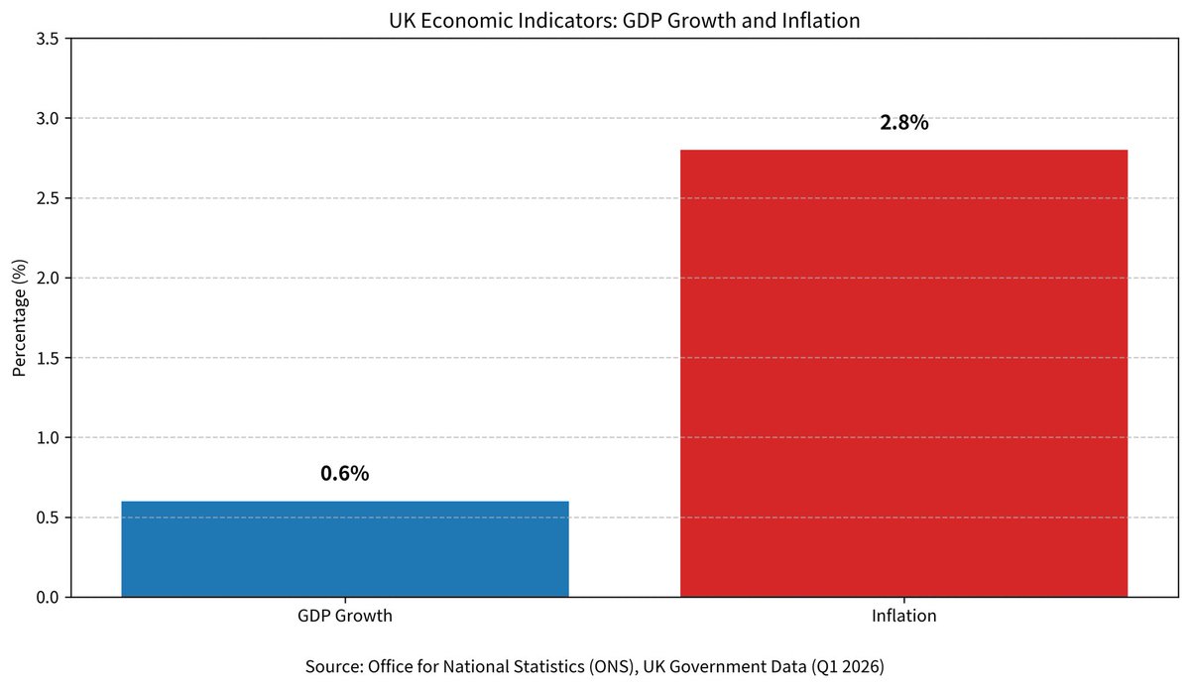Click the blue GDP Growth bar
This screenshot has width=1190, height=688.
point(345,549)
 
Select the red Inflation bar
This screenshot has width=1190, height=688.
point(903,373)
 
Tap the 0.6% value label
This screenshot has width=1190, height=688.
point(345,473)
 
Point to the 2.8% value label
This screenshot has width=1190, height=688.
point(904,123)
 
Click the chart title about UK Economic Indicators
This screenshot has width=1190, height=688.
point(624,21)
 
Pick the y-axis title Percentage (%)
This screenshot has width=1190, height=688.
point(19,317)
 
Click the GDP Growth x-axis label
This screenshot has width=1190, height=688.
point(345,616)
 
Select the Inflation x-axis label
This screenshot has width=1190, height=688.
point(903,616)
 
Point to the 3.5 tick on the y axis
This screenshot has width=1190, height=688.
point(48,39)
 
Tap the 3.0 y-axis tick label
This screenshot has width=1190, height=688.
point(48,119)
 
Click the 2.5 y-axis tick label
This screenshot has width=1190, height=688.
point(48,198)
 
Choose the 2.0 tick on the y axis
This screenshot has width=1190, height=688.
point(48,278)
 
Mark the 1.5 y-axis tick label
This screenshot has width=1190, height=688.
point(48,358)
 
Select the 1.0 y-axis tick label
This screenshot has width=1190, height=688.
point(48,438)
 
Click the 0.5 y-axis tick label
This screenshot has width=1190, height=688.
point(48,517)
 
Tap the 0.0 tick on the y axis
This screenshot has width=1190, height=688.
point(48,597)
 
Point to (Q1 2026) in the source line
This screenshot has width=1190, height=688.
point(847,666)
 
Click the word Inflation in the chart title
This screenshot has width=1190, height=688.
point(821,21)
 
